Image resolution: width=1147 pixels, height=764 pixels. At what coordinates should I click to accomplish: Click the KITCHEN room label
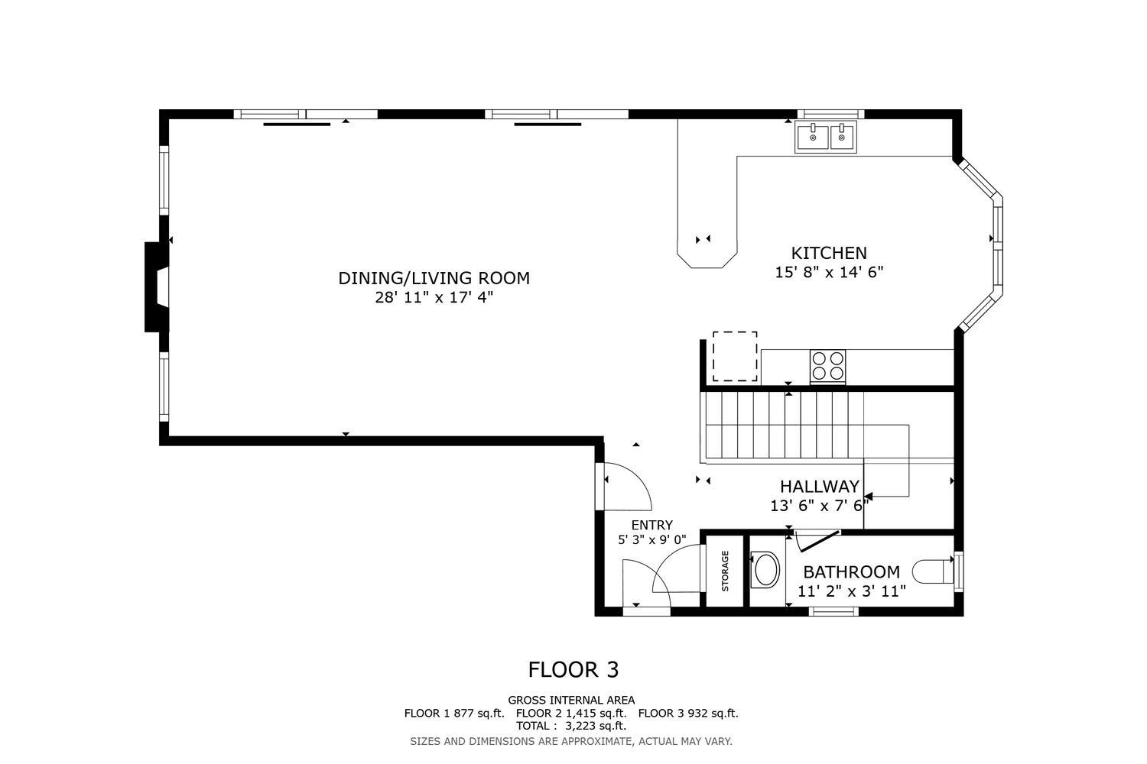tap(829, 253)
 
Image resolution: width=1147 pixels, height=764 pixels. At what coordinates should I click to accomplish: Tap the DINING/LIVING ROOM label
tap(434, 278)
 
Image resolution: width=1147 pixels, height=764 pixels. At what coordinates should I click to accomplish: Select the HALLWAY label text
tap(819, 486)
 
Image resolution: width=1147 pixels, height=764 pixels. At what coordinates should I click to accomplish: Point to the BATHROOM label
tap(851, 571)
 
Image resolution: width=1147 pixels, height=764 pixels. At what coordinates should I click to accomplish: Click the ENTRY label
tap(651, 525)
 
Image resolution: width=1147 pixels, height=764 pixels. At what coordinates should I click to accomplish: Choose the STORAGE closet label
tap(725, 571)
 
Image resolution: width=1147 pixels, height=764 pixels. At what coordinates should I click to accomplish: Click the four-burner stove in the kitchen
tap(827, 367)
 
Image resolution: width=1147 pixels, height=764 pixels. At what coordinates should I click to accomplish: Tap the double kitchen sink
tap(825, 137)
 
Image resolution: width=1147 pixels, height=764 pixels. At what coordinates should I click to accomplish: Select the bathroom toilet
tap(933, 571)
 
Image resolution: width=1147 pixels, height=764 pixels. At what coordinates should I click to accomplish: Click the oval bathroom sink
tap(765, 569)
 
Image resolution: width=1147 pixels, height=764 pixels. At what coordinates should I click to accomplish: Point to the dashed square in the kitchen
tap(735, 356)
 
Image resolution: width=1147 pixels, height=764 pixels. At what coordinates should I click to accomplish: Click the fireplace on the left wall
tap(158, 287)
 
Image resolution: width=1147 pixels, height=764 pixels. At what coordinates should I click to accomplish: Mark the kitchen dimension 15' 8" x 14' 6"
tap(829, 272)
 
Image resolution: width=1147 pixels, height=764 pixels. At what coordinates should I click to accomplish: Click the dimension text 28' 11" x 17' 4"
tap(434, 297)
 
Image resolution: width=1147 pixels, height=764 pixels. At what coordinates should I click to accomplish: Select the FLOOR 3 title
tap(573, 670)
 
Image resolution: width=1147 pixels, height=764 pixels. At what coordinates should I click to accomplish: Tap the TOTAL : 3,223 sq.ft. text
tap(571, 726)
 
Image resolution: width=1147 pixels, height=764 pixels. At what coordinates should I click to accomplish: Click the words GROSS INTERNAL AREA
tap(571, 700)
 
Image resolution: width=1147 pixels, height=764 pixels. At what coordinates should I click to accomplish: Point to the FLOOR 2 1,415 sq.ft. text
tap(571, 713)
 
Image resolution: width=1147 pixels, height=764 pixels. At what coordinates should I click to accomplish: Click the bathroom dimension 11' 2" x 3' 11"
tap(852, 591)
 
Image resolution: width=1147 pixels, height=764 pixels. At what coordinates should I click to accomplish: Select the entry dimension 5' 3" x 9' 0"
tap(651, 539)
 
